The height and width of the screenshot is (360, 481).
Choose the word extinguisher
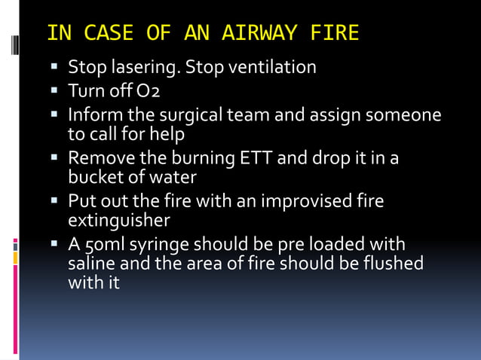(x=118, y=220)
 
